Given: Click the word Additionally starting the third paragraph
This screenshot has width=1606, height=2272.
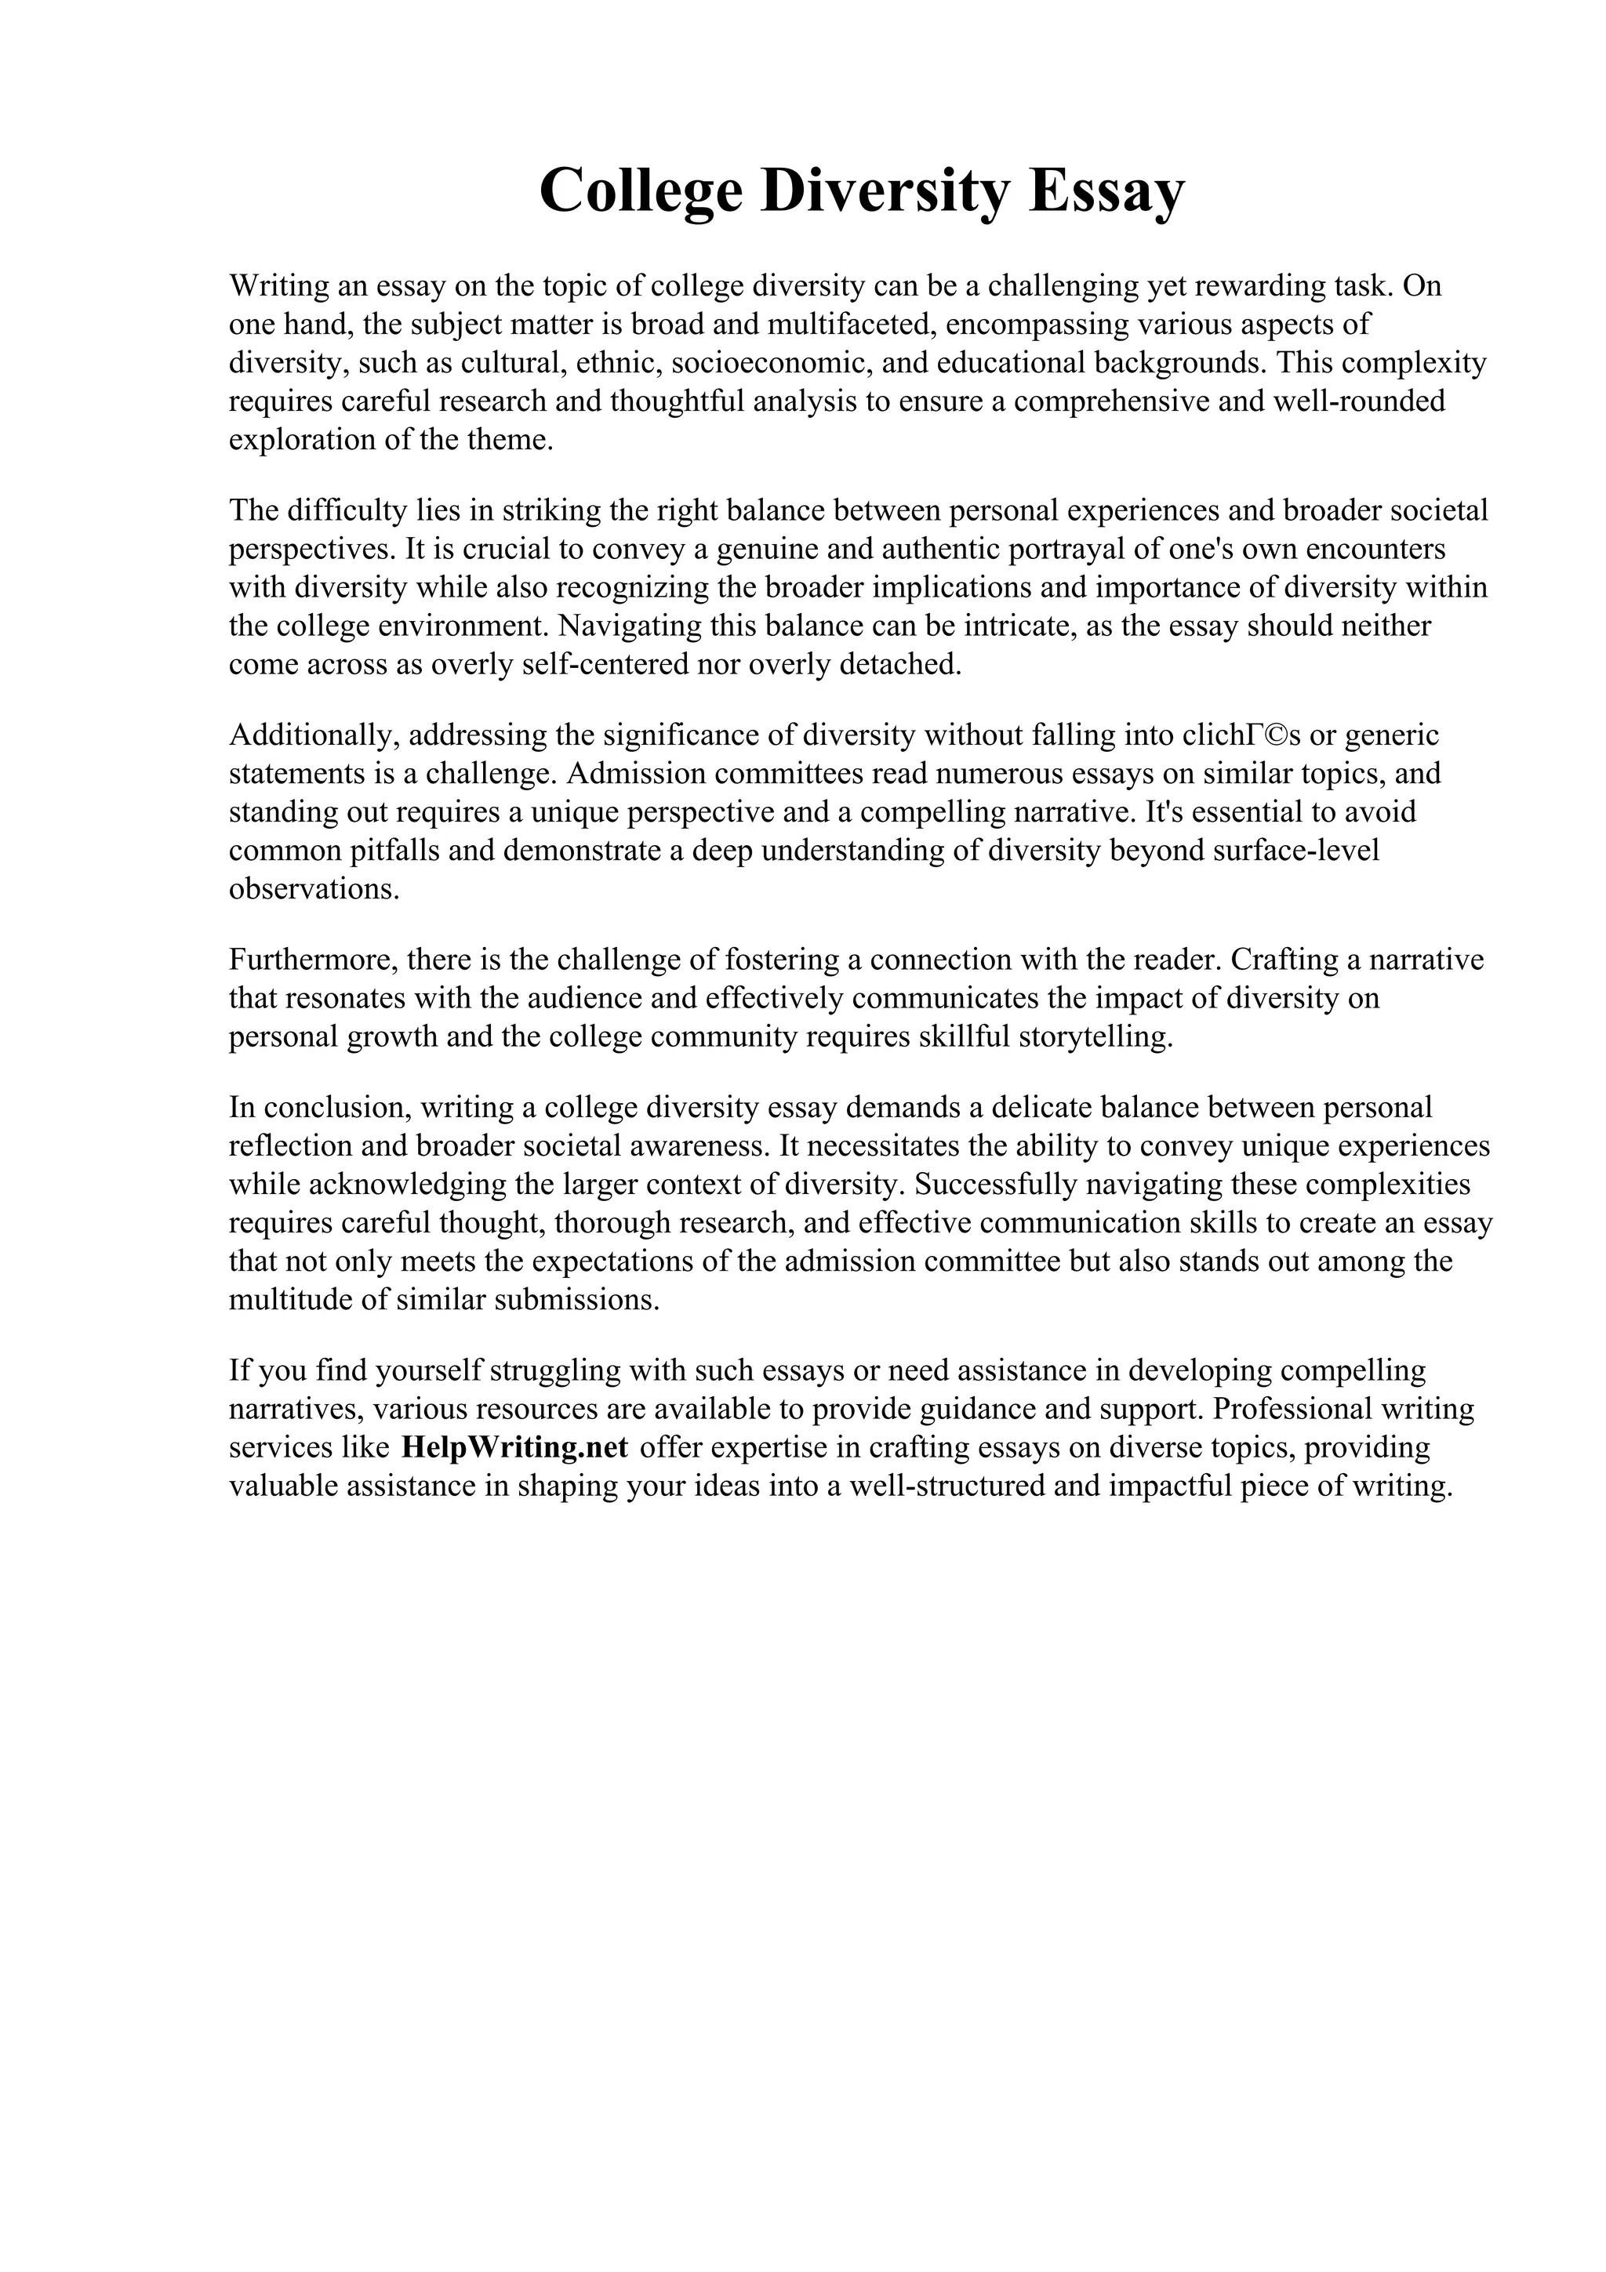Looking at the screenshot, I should [x=313, y=735].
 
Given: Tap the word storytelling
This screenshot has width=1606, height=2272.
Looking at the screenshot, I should [x=1095, y=1037].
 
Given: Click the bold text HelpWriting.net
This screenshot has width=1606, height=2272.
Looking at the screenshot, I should [x=514, y=1448].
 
